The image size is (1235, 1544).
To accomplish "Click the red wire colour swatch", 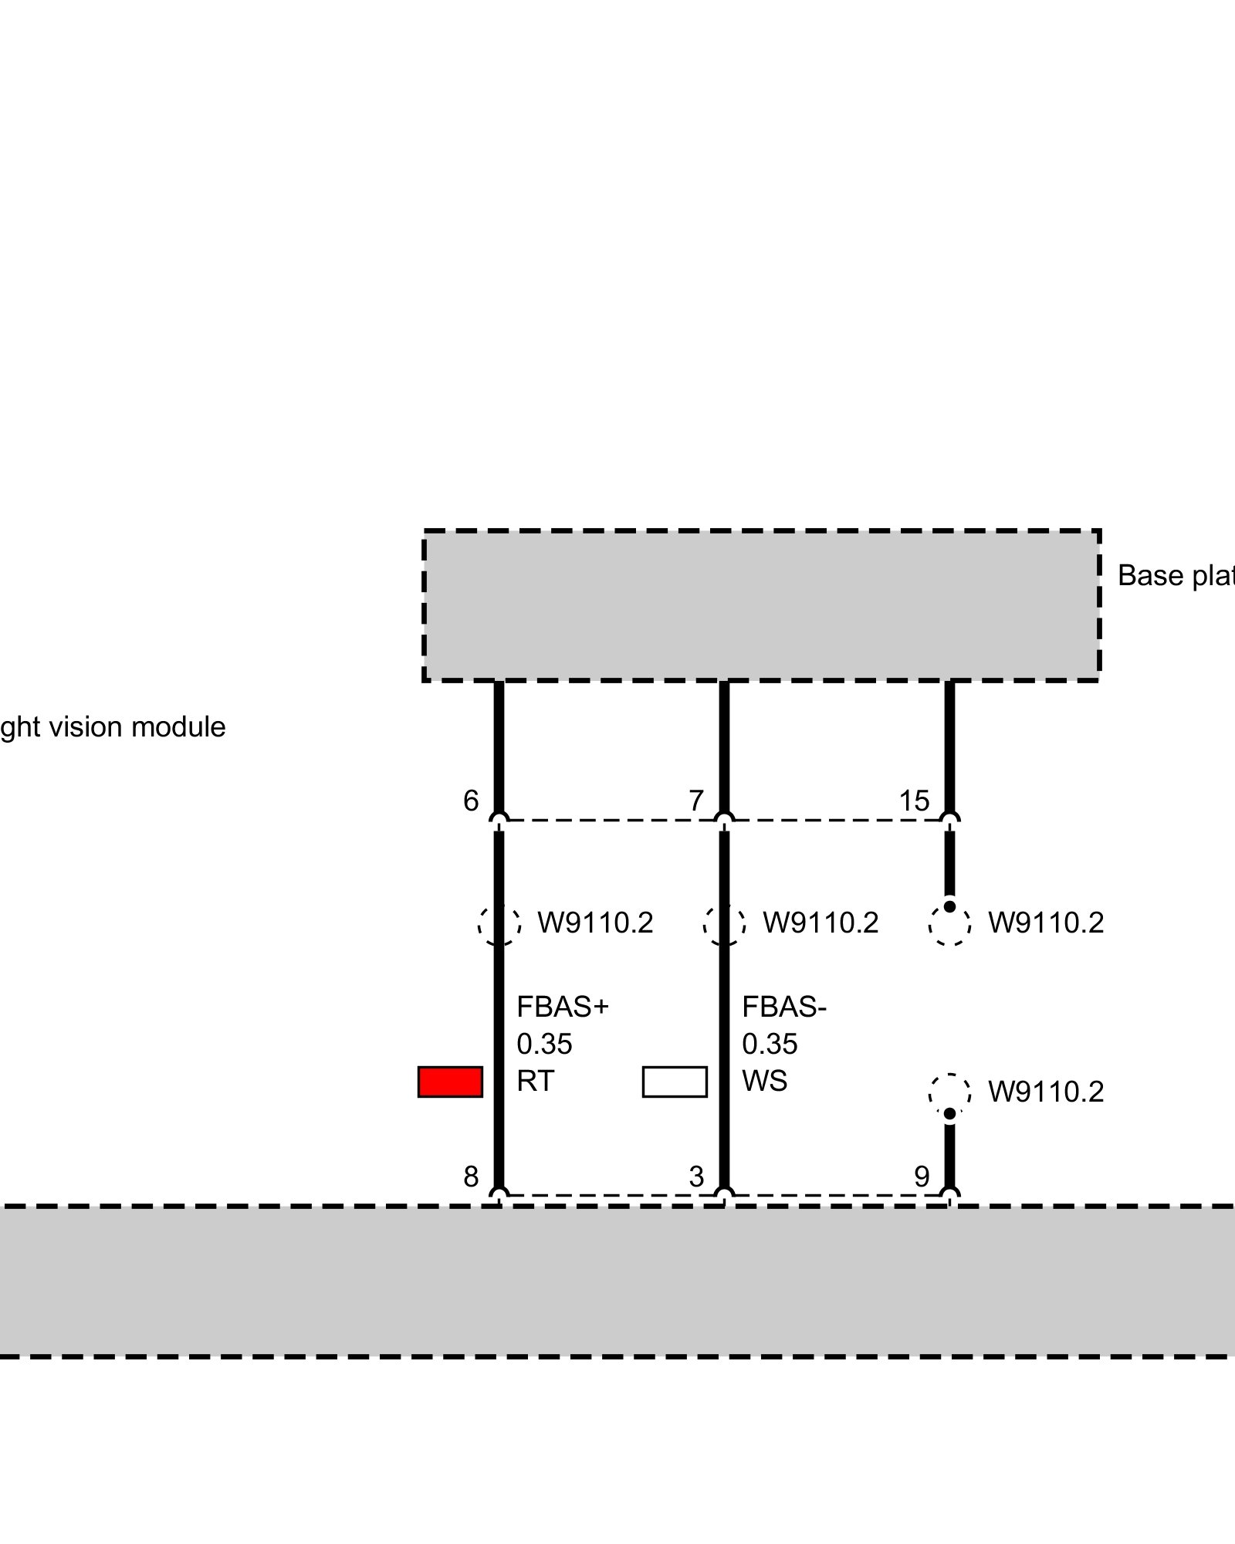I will (450, 1082).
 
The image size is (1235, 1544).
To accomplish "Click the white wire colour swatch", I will (675, 1082).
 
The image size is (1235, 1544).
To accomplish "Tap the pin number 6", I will (471, 801).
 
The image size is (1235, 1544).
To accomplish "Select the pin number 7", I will (696, 801).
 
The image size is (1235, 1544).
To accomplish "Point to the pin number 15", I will (914, 801).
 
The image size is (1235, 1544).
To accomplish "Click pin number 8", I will (471, 1177).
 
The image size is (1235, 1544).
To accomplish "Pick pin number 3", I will (696, 1177).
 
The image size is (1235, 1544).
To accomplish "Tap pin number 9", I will (922, 1177).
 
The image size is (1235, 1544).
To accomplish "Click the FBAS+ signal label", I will (563, 1007).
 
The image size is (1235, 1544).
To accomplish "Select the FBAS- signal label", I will (784, 1007).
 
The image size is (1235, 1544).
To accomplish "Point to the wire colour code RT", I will (536, 1082).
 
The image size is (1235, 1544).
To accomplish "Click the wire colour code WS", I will (765, 1082).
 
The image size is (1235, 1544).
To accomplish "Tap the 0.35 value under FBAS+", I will (544, 1045).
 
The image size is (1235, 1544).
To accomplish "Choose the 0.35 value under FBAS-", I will (770, 1045).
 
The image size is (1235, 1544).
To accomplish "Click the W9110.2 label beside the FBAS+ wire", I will (595, 923).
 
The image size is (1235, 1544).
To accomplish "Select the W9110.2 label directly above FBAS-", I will (821, 923).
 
